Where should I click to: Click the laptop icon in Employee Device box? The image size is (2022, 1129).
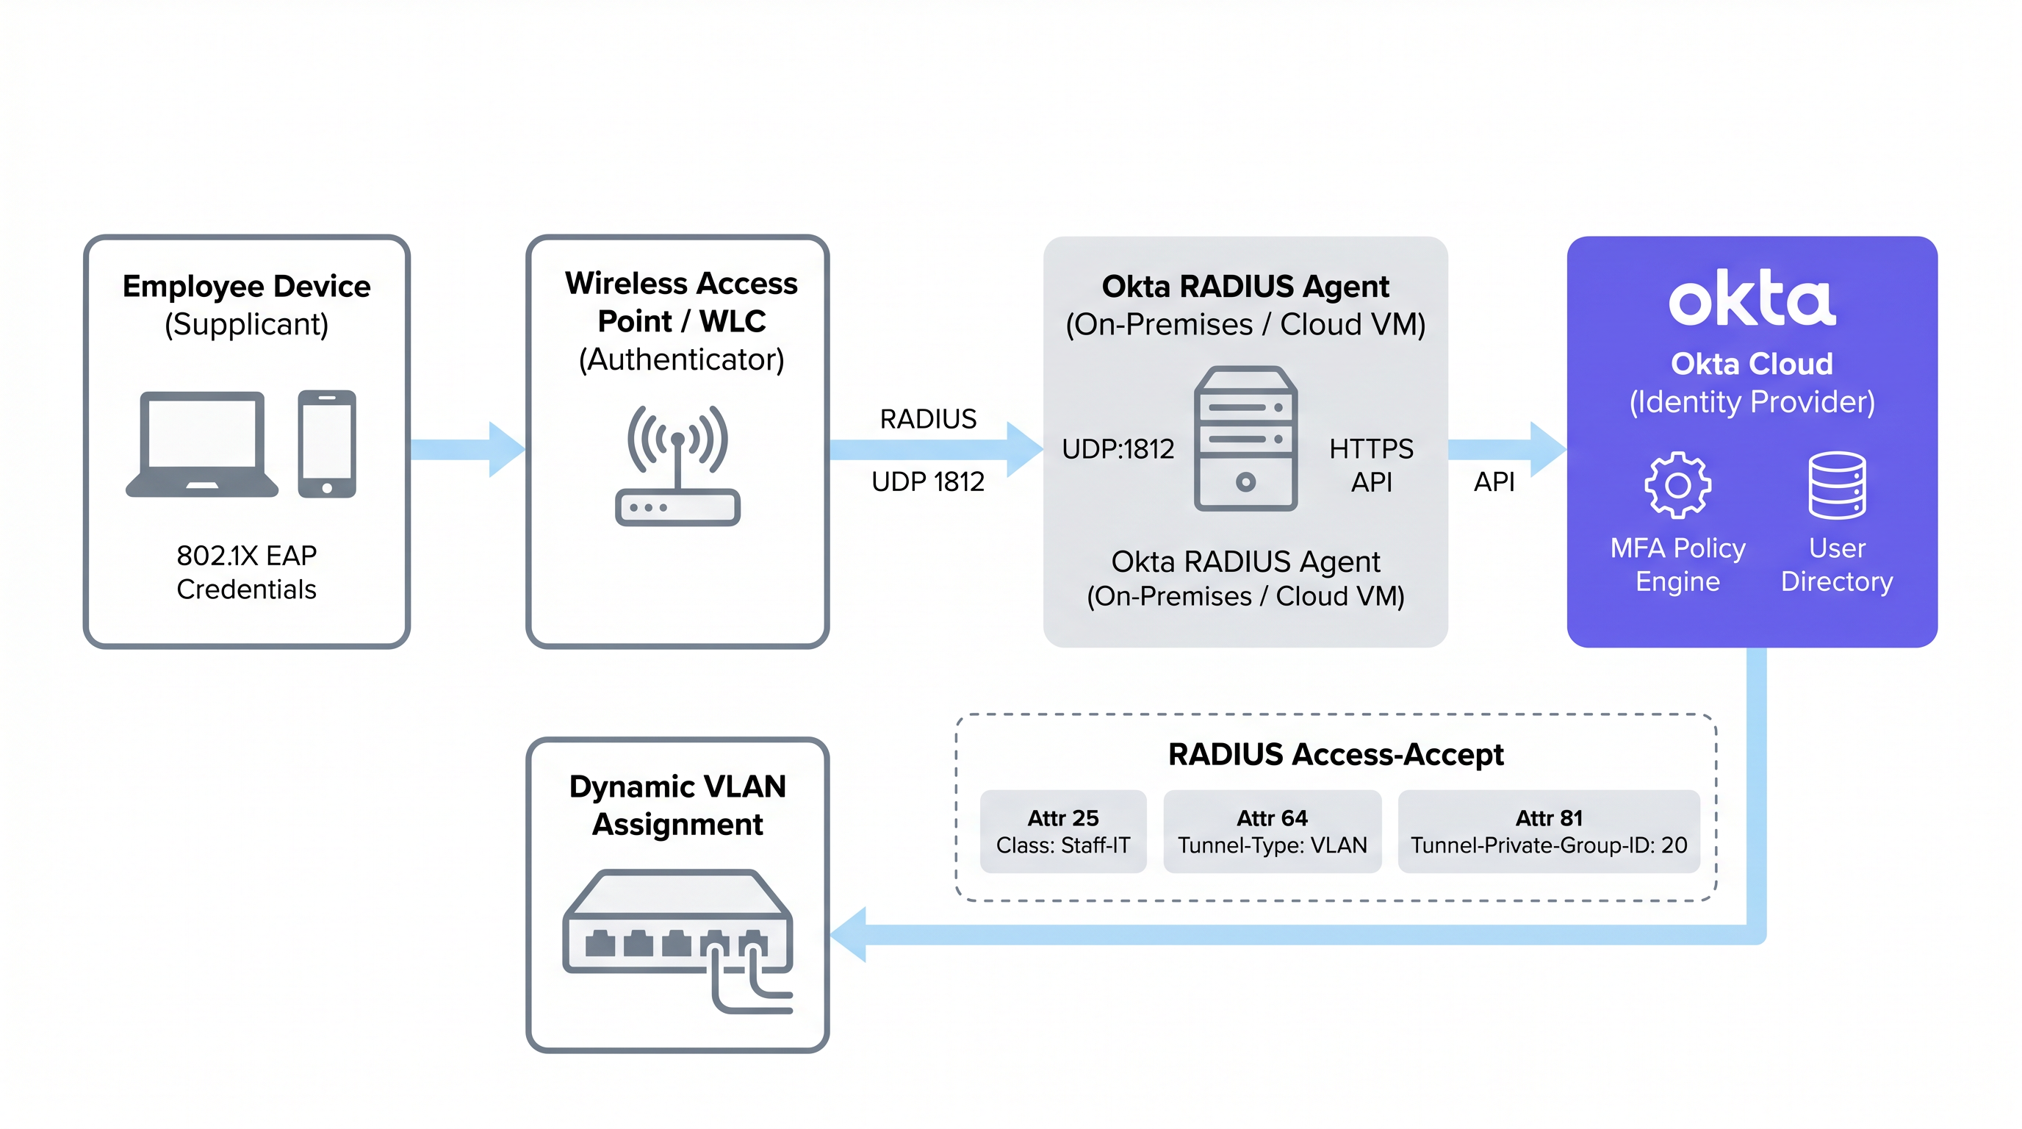[202, 444]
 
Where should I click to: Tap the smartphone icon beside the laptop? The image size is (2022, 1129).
[326, 444]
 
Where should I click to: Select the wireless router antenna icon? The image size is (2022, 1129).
[677, 465]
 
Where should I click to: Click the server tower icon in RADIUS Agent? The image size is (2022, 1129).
[1245, 439]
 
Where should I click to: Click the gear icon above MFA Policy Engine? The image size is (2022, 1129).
[1677, 485]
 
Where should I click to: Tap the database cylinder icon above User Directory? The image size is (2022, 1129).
[1837, 485]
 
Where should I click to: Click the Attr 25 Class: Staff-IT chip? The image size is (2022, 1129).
[1063, 831]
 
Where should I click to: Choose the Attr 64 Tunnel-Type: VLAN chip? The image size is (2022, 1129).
[1272, 831]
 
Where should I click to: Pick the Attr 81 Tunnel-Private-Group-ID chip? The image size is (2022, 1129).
[1549, 831]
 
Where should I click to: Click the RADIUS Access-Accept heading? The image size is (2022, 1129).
[1335, 754]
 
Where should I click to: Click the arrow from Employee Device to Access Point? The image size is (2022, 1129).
[467, 449]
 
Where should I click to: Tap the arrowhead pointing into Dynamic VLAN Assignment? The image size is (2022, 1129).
[849, 934]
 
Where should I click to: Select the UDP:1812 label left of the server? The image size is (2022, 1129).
[1118, 449]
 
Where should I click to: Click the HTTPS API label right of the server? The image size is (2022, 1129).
[1370, 465]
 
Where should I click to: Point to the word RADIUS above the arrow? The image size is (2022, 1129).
[928, 419]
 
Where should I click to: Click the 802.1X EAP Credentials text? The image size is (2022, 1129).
[246, 573]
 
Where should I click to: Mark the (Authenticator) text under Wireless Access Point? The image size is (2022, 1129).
[681, 359]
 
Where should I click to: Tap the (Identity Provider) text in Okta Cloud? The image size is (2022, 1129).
[1752, 402]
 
